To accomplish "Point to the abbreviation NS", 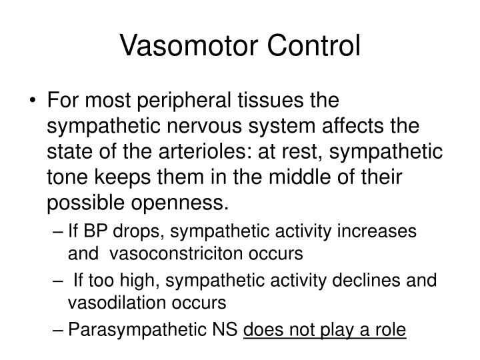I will (227, 329).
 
